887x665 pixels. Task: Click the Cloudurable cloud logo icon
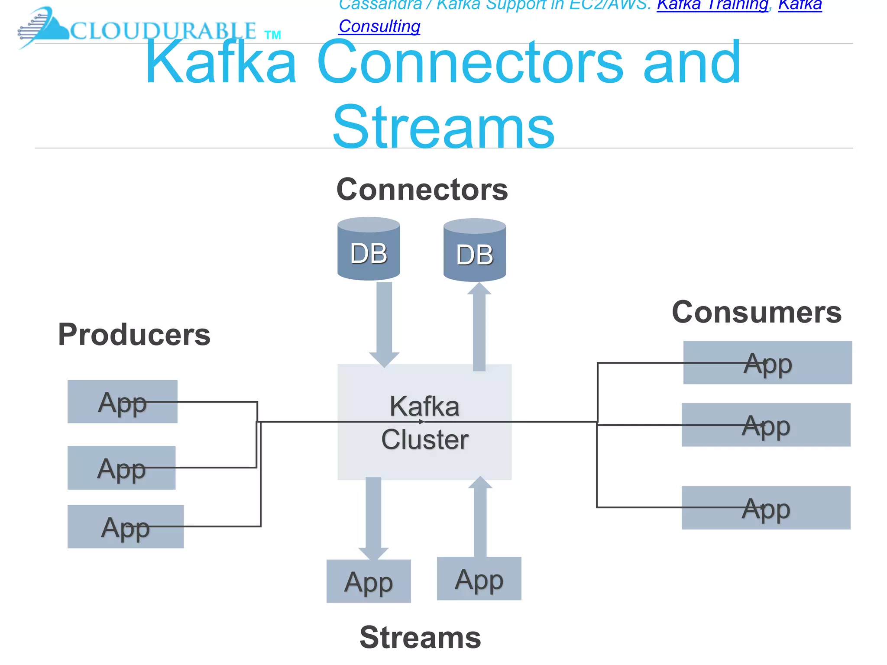(x=43, y=27)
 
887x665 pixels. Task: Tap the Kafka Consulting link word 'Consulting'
(x=379, y=26)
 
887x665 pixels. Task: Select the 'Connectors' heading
(x=422, y=190)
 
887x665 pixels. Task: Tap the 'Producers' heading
(x=134, y=335)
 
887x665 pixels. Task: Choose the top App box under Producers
(x=122, y=402)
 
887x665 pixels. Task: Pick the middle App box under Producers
(x=121, y=468)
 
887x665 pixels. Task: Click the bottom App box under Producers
(x=125, y=527)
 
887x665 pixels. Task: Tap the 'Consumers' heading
(x=757, y=312)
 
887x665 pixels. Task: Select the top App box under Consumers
(x=767, y=363)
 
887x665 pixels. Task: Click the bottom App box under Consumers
(x=766, y=508)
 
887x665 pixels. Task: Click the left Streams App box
(x=369, y=581)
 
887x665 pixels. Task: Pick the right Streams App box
(x=479, y=579)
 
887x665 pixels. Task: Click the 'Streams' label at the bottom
(x=420, y=637)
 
